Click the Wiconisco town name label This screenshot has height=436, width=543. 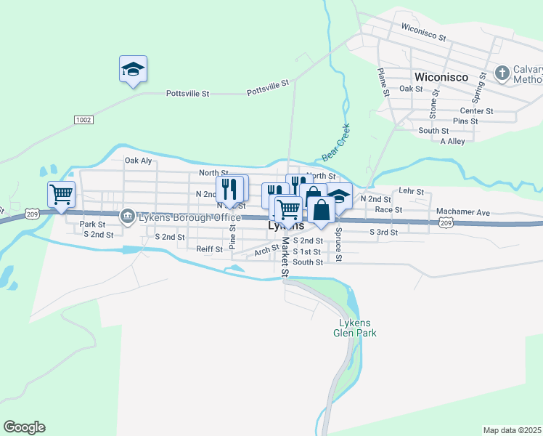[440, 76]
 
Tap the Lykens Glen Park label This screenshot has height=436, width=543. [355, 328]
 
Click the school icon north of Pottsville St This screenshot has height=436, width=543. [133, 69]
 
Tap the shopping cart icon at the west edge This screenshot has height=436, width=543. [61, 194]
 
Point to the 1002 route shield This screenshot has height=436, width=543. [83, 119]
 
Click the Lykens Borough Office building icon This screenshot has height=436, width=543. [127, 217]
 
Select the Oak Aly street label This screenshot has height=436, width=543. [138, 161]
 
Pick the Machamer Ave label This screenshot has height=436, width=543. [463, 212]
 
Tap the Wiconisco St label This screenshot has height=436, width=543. [423, 33]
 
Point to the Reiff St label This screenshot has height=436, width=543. [210, 249]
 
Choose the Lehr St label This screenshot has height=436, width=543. [411, 191]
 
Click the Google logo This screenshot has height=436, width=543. [24, 427]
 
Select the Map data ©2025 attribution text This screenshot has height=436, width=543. [513, 430]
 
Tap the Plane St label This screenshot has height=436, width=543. [383, 81]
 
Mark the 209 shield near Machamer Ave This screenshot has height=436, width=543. [446, 223]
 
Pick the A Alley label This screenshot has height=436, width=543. [452, 142]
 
